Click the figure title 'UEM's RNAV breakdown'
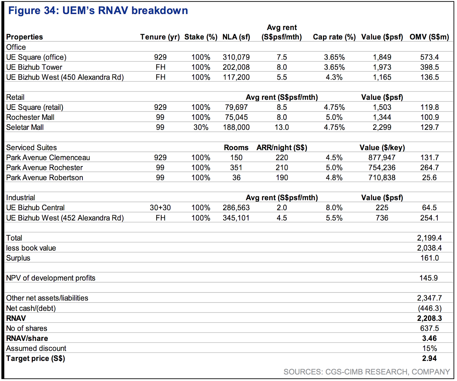point(125,11)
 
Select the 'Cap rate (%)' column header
point(334,37)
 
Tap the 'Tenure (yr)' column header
point(160,37)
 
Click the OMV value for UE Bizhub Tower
point(430,67)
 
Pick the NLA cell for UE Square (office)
point(236,57)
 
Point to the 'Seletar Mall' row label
point(25,127)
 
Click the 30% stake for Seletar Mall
point(201,127)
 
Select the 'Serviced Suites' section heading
point(31,148)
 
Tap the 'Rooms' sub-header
point(236,148)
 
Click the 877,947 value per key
point(382,158)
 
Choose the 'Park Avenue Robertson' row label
point(45,178)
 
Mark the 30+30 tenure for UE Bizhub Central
point(160,207)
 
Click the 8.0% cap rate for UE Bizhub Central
point(334,207)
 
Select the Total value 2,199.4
point(429,238)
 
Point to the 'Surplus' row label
point(18,258)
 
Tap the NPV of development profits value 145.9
point(428,278)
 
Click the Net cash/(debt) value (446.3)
point(430,308)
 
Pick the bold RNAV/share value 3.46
point(430,338)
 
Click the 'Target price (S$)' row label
point(36,358)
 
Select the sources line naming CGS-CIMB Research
point(367,372)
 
